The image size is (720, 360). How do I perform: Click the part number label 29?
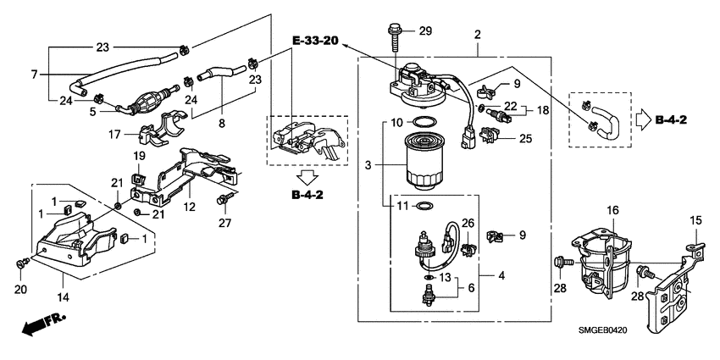426,31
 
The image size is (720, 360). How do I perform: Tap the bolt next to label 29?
396,40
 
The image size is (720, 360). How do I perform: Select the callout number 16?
612,209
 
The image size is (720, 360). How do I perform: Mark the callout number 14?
61,299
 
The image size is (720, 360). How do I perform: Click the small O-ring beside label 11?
427,206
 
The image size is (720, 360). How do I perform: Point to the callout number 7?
35,75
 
